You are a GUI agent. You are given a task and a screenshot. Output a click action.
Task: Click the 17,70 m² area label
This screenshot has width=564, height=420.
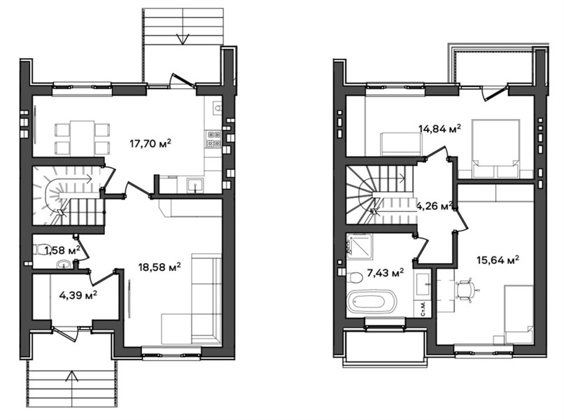tap(150, 143)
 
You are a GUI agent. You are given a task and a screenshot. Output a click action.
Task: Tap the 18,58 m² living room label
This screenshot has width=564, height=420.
tap(160, 267)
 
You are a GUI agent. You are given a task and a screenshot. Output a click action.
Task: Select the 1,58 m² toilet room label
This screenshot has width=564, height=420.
tap(62, 249)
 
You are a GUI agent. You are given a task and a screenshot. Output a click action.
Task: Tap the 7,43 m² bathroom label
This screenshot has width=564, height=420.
tap(386, 272)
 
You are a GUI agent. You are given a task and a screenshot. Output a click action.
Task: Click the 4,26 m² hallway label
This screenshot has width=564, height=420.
tap(434, 206)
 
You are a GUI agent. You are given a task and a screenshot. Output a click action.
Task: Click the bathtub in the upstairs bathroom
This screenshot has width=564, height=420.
tap(372, 303)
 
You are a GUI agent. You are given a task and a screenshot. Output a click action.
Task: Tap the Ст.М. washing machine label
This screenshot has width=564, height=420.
tap(424, 309)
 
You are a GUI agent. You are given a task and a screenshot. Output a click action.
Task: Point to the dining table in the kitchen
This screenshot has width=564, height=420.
tap(83, 137)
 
